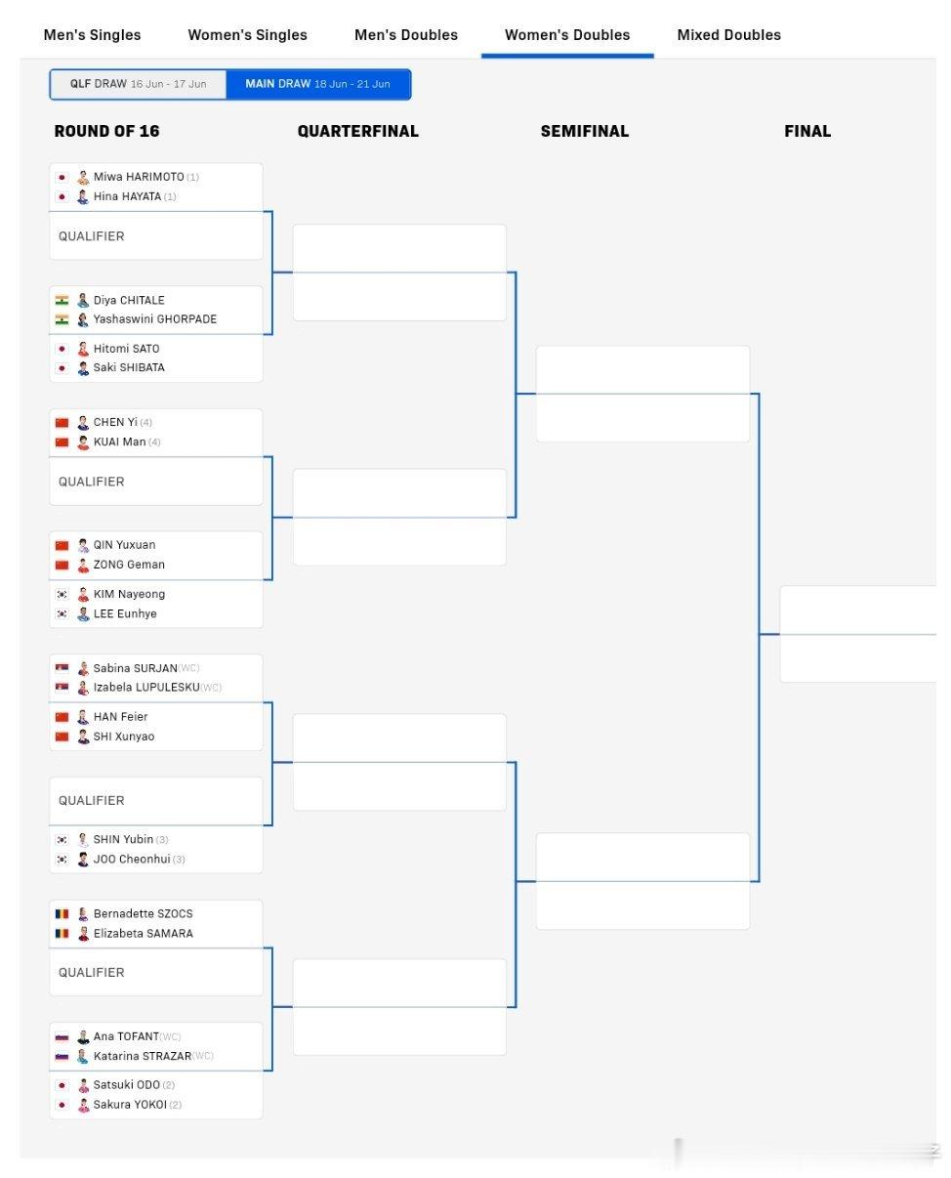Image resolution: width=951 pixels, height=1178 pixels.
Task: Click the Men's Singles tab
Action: pyautogui.click(x=92, y=35)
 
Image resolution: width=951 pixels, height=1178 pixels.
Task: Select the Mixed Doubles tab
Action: pyautogui.click(x=728, y=35)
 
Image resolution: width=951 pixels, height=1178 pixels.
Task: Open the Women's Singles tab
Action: pyautogui.click(x=247, y=35)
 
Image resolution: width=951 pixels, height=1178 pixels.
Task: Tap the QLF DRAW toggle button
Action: pyautogui.click(x=138, y=83)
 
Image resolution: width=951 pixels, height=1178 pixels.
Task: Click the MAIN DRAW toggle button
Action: pyautogui.click(x=318, y=83)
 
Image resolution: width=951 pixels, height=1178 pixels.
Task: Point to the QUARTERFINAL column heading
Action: pyautogui.click(x=357, y=131)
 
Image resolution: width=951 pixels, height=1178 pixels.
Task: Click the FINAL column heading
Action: pyautogui.click(x=806, y=131)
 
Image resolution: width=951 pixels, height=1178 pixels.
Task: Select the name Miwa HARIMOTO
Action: pyautogui.click(x=139, y=177)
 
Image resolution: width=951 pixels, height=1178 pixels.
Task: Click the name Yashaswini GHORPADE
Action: pyautogui.click(x=155, y=319)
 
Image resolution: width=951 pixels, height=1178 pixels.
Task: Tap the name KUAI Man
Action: pyautogui.click(x=119, y=442)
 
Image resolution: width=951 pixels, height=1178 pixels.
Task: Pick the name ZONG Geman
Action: pyautogui.click(x=129, y=565)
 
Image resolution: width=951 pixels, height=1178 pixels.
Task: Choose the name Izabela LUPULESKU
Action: pyautogui.click(x=146, y=687)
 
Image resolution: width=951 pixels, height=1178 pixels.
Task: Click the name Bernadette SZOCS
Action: pyautogui.click(x=143, y=913)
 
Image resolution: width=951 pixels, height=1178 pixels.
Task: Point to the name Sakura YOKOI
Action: pyautogui.click(x=130, y=1105)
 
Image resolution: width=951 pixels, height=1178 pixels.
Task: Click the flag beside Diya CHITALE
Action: pyautogui.click(x=62, y=300)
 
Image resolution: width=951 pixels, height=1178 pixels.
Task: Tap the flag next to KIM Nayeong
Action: pyautogui.click(x=62, y=594)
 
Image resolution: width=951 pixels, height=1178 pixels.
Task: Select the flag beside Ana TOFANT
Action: pyautogui.click(x=62, y=1036)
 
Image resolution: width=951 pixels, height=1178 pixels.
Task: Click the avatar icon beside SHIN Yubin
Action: pyautogui.click(x=83, y=839)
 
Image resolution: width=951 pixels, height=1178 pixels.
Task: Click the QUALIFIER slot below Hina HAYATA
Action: pyautogui.click(x=156, y=236)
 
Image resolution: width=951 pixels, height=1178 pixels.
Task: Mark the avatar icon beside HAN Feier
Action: pyautogui.click(x=83, y=717)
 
